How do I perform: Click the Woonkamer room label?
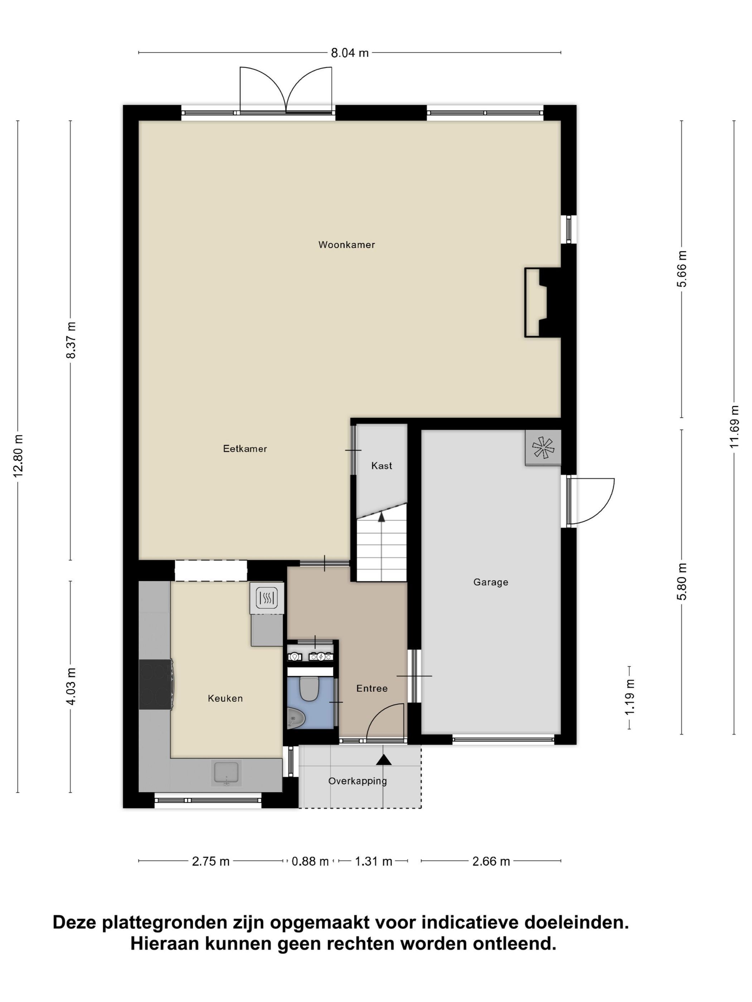point(346,245)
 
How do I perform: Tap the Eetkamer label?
point(245,448)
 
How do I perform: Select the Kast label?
point(382,466)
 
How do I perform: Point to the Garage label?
point(491,582)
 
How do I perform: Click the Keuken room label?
point(225,699)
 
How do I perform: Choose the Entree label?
point(372,689)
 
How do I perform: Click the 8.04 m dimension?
point(350,53)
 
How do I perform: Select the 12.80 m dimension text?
point(18,456)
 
